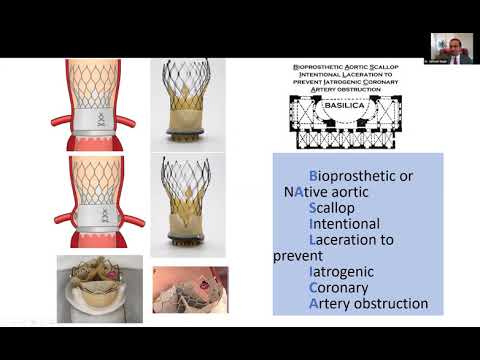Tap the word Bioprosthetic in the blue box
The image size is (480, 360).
(x=339, y=176)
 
